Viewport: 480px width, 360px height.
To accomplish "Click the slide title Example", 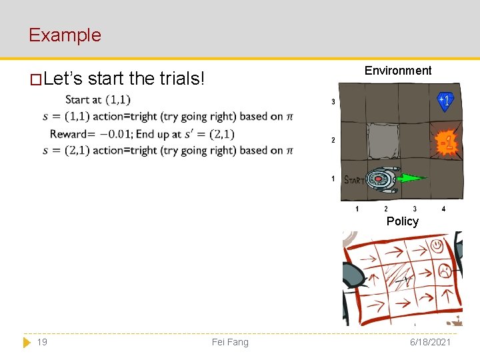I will coord(65,35).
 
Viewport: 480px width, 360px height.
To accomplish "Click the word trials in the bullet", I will coord(182,79).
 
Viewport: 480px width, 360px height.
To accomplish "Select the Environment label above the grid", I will coord(398,71).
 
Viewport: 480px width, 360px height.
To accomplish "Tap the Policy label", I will coord(402,221).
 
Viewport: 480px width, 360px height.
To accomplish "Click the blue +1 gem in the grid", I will coord(445,101).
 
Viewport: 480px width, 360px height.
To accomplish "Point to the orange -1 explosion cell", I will coord(446,142).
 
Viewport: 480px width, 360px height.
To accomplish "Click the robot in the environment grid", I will coord(381,179).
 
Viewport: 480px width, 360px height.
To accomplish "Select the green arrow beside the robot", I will coord(411,179).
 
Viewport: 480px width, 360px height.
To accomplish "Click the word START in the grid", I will coord(354,180).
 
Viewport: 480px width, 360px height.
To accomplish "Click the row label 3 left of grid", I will coord(333,102).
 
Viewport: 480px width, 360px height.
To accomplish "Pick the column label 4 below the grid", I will coord(443,209).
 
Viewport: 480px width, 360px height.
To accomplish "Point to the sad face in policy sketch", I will coord(443,270).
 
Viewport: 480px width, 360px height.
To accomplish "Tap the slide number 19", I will coord(42,342).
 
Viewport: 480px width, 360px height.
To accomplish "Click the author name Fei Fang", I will coord(230,342).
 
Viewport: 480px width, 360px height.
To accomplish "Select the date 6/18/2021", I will coord(431,342).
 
